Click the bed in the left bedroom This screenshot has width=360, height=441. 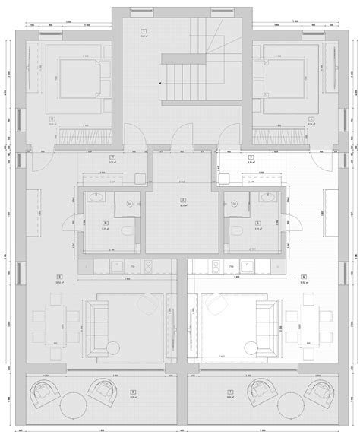pos(76,79)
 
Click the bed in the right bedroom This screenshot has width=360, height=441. pos(283,79)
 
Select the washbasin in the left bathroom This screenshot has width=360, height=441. pos(95,199)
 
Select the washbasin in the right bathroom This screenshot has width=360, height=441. pos(265,199)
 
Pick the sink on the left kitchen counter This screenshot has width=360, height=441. pos(117,266)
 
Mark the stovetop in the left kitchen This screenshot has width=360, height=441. pos(148,266)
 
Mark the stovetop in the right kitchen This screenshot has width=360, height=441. pos(216,266)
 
